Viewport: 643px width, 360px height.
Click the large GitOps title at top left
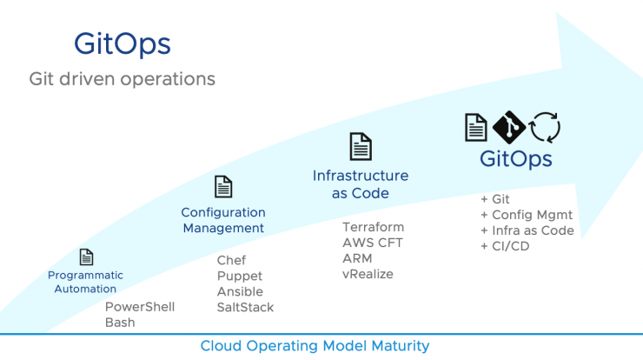click(123, 44)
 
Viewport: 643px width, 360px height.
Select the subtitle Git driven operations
click(123, 79)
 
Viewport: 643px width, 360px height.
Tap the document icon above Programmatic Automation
click(86, 257)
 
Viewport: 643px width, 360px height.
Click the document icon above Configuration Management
click(223, 187)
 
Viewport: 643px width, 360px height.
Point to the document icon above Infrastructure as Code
click(361, 146)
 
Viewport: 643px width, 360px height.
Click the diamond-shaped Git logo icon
click(509, 127)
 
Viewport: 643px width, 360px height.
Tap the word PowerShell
click(140, 307)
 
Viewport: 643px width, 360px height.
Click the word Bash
click(120, 323)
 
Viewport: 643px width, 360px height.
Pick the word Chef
click(231, 260)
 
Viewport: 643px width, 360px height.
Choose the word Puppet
click(240, 277)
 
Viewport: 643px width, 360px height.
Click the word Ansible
click(240, 292)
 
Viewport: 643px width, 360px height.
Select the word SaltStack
click(245, 308)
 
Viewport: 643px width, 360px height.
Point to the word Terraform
click(373, 227)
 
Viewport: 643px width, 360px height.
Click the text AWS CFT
click(373, 243)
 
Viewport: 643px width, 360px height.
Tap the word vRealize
click(368, 274)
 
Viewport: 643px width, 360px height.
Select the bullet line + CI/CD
click(499, 246)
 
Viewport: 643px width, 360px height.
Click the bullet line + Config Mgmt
click(526, 215)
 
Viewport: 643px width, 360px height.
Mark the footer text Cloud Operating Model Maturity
click(315, 346)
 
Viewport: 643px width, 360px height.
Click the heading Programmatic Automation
click(85, 282)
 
